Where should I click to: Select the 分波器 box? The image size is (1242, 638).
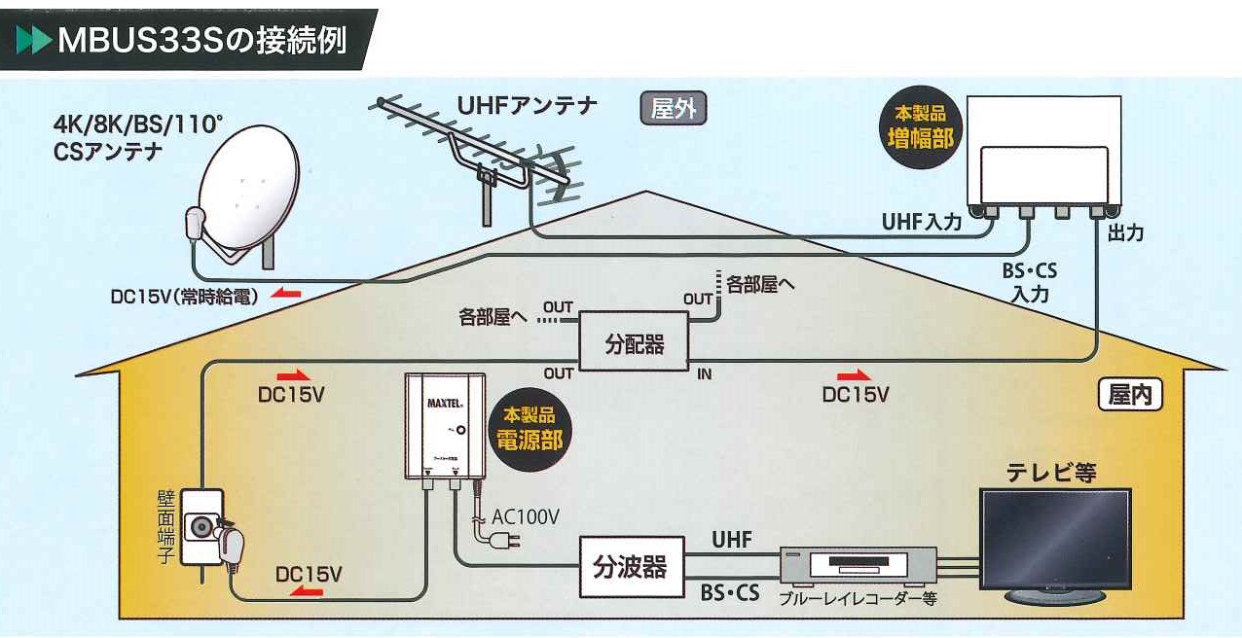point(630,567)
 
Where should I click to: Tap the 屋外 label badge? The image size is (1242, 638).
point(673,108)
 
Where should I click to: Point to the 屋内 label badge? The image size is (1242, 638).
point(1130,396)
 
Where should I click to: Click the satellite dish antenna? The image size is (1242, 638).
point(244,190)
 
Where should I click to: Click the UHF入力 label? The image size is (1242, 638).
point(921,223)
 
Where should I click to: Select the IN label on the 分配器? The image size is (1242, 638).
point(704,373)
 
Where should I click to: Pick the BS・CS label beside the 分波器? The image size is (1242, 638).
point(730,591)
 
